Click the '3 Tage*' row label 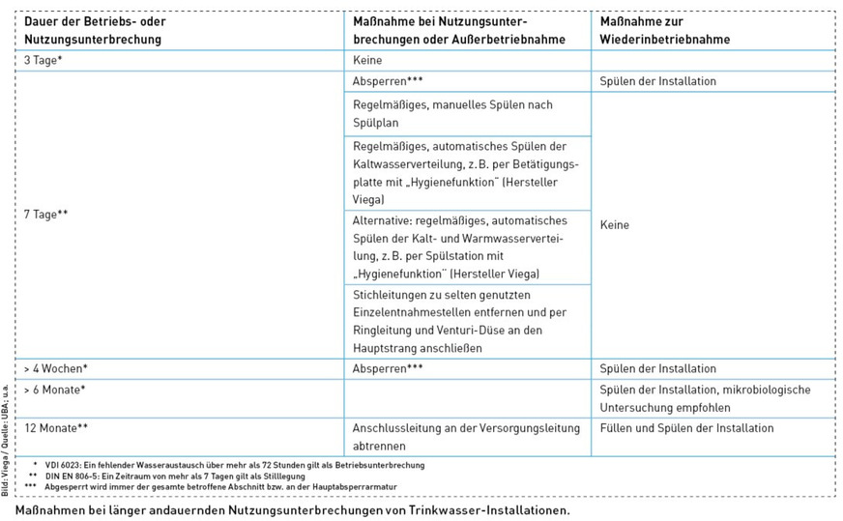[44, 60]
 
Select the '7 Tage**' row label [46, 214]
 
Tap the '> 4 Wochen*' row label [56, 368]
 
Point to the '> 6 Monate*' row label [55, 390]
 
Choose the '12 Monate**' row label [57, 427]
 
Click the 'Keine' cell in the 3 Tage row [368, 60]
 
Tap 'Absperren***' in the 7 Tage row [389, 81]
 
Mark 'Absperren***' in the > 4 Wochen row [389, 368]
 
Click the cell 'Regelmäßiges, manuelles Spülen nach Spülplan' [453, 114]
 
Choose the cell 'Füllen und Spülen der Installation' [686, 427]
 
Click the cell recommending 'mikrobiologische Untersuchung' [705, 399]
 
